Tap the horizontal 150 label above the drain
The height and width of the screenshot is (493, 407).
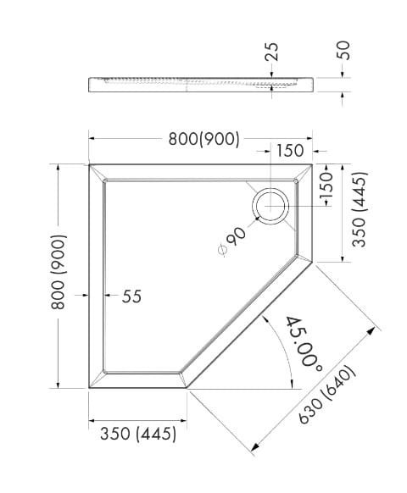(x=289, y=151)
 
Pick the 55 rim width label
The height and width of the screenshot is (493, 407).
(x=131, y=296)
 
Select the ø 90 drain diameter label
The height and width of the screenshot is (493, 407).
(x=232, y=243)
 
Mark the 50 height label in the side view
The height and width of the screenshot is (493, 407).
(x=343, y=48)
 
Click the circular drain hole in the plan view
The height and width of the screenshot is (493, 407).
(x=271, y=205)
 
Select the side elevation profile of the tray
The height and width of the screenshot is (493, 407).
(x=203, y=83)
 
